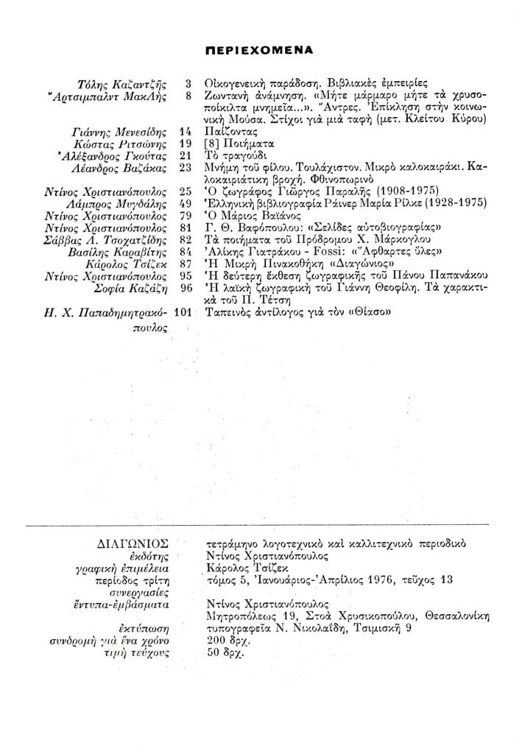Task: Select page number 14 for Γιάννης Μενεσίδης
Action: click(186, 130)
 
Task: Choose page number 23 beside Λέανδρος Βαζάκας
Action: click(186, 166)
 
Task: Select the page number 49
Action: click(186, 202)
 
